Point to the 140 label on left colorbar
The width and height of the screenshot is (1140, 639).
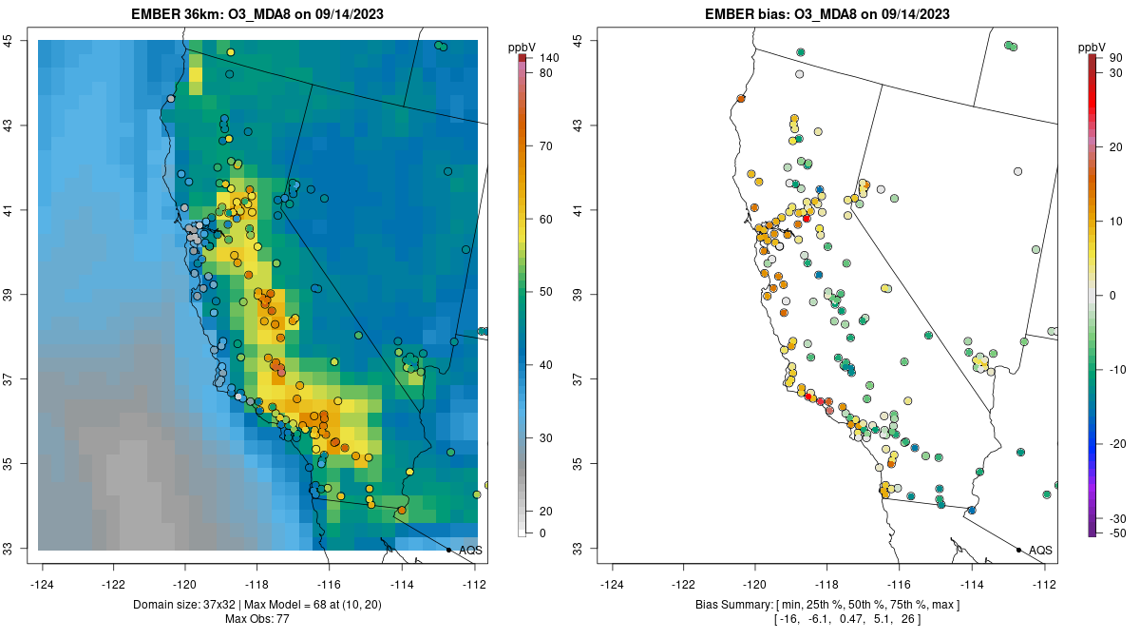pos(549,58)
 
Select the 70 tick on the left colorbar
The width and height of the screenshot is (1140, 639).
pos(545,146)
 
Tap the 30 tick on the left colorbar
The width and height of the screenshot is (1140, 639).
pos(545,438)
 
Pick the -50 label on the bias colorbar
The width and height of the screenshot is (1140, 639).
pos(1118,532)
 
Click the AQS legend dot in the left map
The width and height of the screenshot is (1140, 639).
pos(448,550)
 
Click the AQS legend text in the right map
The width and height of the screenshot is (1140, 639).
pos(1040,550)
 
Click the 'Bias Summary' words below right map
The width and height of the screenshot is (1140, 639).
pos(733,605)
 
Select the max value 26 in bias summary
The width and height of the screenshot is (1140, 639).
pos(936,619)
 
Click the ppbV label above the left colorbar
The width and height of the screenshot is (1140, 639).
pos(522,47)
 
